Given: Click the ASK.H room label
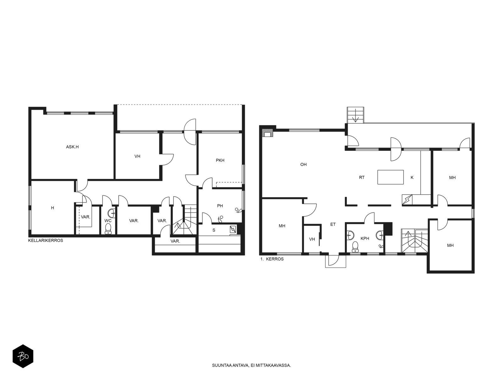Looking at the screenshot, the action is [x=72, y=147].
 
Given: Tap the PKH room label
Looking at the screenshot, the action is [x=220, y=160].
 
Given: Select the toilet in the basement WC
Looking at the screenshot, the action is [x=108, y=229].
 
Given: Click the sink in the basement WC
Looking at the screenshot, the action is [x=112, y=213].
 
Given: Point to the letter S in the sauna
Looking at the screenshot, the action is [x=214, y=230].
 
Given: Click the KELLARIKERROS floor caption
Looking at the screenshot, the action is [x=46, y=241].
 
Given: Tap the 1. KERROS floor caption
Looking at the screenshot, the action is [x=272, y=259].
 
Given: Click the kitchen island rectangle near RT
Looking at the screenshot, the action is [x=390, y=177].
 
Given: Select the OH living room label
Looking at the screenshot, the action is [x=303, y=164].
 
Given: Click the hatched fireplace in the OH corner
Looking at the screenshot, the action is [x=268, y=133].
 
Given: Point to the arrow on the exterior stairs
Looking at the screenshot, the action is [x=355, y=116].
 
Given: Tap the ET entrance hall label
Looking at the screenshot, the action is [x=333, y=225].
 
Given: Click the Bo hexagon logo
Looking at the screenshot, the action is [x=23, y=356].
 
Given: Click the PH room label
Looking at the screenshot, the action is [x=220, y=206].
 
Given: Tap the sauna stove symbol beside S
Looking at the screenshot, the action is [x=233, y=229].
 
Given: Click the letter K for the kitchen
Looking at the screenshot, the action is [x=412, y=177].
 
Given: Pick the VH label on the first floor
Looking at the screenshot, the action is [x=312, y=239].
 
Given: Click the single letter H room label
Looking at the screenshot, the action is [x=53, y=208].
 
